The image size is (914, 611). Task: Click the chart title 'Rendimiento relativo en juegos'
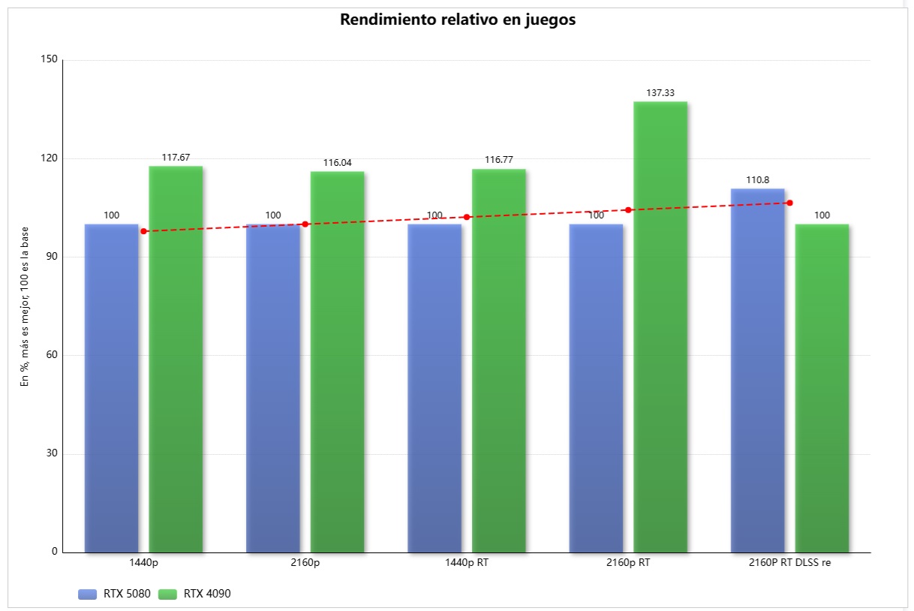point(458,20)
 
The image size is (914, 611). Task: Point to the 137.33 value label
point(660,93)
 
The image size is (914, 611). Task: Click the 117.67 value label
point(176,158)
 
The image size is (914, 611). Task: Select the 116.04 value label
point(337,163)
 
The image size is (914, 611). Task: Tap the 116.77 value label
point(498,160)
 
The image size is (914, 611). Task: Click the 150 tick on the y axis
point(50,60)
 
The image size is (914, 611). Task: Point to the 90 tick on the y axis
point(53,257)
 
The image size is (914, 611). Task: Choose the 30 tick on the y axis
point(53,453)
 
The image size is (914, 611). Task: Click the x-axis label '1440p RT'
point(467,562)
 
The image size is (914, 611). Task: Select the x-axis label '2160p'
point(305,562)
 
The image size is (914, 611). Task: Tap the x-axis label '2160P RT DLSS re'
point(789,562)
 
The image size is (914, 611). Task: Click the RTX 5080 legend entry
point(114,594)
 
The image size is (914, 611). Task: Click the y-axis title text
point(25,306)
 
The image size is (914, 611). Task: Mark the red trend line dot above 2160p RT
point(628,210)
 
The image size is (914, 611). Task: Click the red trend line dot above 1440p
point(144,231)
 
